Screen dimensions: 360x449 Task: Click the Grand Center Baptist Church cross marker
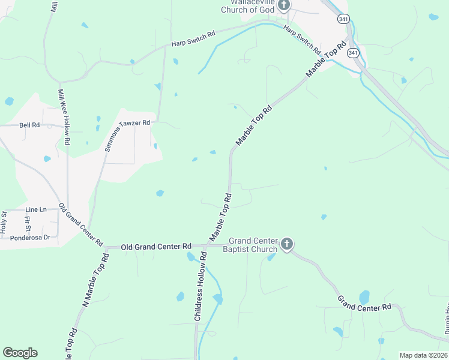point(287,244)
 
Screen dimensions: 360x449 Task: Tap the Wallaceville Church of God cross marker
point(283,5)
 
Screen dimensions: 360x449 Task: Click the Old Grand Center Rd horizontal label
point(156,247)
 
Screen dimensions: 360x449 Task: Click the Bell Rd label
point(29,125)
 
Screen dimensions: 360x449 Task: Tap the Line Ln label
point(36,209)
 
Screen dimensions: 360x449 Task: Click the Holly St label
point(4,222)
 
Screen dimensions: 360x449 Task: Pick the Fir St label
point(28,223)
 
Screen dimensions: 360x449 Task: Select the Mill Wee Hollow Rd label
point(64,116)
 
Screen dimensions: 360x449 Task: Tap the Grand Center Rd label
point(364,302)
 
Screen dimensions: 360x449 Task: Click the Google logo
point(20,353)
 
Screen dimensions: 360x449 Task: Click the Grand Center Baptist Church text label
point(250,245)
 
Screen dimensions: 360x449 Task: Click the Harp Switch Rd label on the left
point(193,40)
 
